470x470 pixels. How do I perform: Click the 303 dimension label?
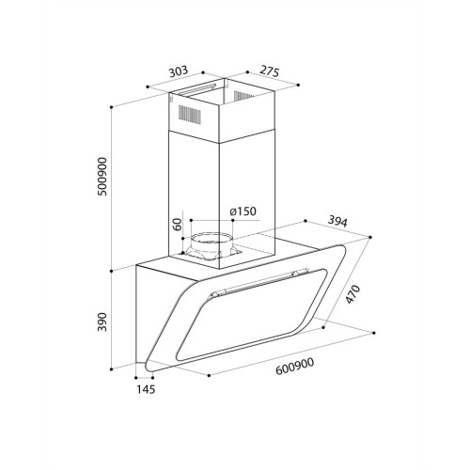coord(179,71)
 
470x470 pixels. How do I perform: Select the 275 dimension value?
coord(269,71)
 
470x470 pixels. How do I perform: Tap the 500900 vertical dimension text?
coord(102,177)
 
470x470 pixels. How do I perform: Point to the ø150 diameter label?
coord(243,211)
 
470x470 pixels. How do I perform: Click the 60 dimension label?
coord(178,225)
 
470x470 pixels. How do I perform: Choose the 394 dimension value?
coord(337,222)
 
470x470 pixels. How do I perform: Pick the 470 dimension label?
coord(352,294)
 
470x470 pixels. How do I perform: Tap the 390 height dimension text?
coord(102,321)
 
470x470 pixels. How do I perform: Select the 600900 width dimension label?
coord(294,367)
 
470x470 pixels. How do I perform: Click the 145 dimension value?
coord(146,389)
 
